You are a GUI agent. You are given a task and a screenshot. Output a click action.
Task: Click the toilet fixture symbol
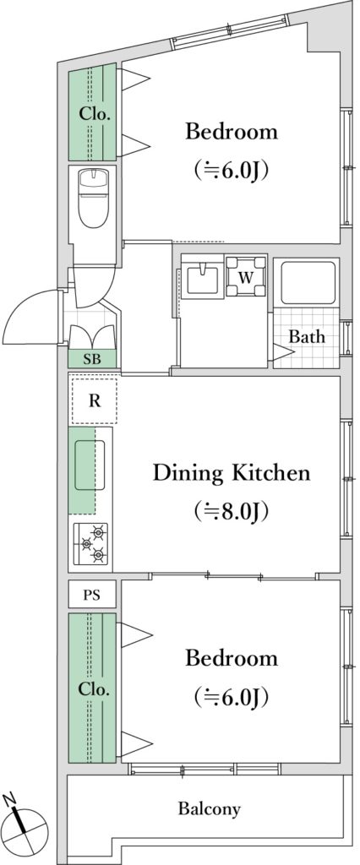93,197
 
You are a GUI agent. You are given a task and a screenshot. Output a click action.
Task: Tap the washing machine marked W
246,276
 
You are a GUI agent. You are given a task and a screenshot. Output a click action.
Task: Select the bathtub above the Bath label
308,281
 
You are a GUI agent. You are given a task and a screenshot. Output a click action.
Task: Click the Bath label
307,336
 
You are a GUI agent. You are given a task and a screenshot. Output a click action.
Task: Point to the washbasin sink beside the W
202,277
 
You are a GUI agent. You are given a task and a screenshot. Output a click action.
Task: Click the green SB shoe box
92,358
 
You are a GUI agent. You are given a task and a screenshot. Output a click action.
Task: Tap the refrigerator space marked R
95,401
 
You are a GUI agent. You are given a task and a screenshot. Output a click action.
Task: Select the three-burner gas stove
91,545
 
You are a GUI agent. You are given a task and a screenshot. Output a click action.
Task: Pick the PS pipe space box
92,595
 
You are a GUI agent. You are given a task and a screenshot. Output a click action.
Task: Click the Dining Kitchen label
232,473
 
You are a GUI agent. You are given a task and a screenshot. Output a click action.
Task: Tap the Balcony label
210,809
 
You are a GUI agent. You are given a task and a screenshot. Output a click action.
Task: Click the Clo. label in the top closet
95,115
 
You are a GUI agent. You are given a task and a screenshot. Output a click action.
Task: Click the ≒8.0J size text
232,512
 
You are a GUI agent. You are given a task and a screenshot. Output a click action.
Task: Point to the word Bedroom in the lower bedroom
232,658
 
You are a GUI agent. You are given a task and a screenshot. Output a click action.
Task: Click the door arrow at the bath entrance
284,352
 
